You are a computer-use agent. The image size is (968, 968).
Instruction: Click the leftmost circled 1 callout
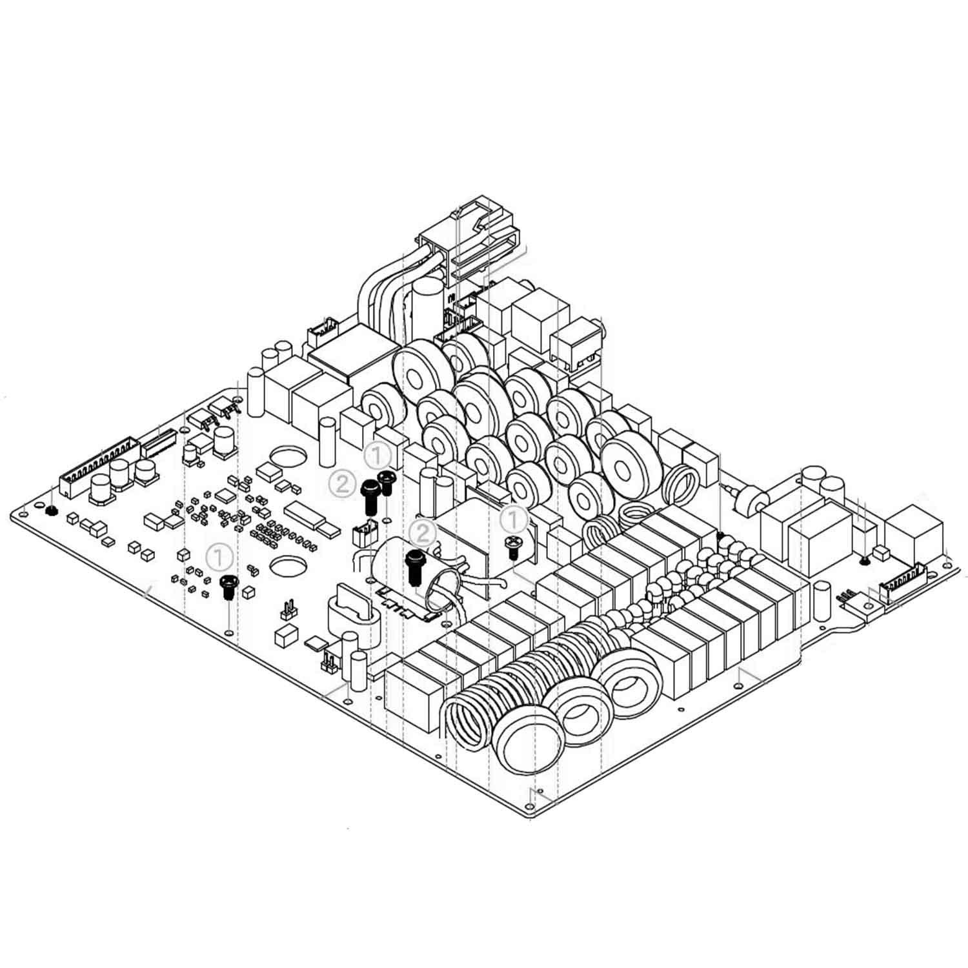pyautogui.click(x=220, y=556)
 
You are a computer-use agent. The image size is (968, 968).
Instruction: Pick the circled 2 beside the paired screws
pyautogui.click(x=342, y=483)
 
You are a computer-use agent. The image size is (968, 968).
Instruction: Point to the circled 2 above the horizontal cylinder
pyautogui.click(x=423, y=534)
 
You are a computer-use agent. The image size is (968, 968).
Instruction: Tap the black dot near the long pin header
pyautogui.click(x=50, y=511)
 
